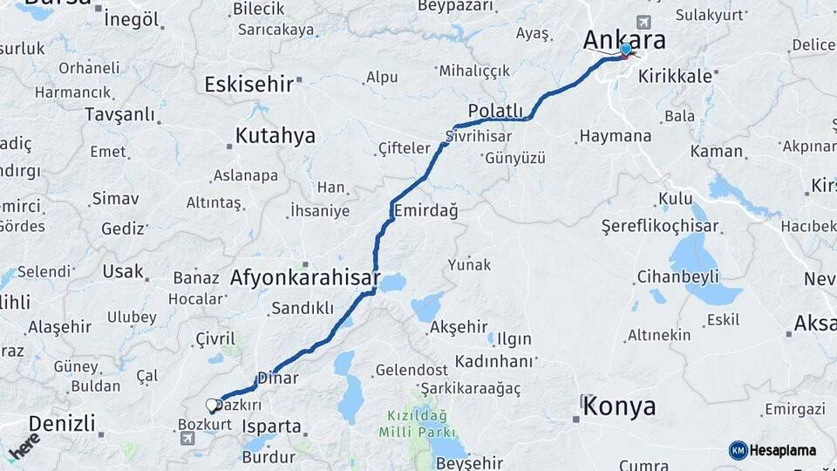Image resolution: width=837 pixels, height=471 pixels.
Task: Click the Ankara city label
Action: point(623,39)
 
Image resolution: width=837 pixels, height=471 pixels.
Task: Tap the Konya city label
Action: point(619,406)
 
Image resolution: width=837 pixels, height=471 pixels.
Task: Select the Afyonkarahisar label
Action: point(305,279)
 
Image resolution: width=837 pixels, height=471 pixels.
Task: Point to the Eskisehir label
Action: point(248,84)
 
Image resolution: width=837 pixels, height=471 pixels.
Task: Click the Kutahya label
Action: point(276,136)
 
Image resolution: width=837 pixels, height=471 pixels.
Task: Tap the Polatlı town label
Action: point(495,111)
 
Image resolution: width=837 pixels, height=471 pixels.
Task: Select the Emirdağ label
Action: point(425,211)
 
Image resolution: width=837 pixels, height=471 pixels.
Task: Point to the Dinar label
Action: point(284,379)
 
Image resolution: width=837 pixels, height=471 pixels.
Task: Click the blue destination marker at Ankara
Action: point(625,49)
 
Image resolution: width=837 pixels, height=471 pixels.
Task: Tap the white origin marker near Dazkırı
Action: point(212,406)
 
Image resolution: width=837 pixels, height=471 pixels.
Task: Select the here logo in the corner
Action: point(24,445)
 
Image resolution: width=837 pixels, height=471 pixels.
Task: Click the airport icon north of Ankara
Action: point(643,22)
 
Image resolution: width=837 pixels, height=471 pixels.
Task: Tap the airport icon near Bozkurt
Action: point(187,438)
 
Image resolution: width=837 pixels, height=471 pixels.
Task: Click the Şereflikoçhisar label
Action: point(660,226)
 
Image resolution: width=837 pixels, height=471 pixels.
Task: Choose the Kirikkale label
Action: point(675,76)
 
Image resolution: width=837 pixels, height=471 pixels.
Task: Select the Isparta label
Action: point(271,427)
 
